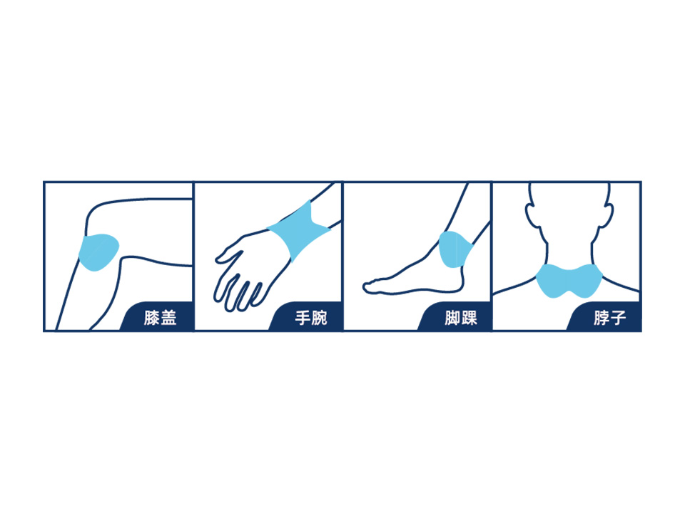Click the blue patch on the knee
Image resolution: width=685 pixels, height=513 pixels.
pos(98,252)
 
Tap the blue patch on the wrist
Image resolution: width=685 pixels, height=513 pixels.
pos(299,231)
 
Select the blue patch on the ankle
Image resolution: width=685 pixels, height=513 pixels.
pos(456,249)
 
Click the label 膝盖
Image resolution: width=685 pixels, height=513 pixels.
pos(160,318)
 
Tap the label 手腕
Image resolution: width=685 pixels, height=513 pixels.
pos(310,318)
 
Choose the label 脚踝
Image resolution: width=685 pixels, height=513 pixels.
pos(461,318)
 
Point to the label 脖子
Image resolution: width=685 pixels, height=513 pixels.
pos(610,318)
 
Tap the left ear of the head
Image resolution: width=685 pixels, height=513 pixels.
pos(532,215)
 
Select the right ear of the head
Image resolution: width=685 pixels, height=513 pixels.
pos(607,215)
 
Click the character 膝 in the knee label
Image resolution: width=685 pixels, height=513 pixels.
pos(151,318)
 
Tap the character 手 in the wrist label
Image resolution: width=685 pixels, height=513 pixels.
pos(303,318)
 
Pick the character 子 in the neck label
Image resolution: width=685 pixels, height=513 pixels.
pos(618,318)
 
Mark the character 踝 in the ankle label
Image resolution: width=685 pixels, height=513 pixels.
pos(470,318)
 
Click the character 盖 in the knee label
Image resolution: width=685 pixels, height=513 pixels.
pos(168,318)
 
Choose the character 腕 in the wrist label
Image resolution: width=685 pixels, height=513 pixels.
pos(320,318)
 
